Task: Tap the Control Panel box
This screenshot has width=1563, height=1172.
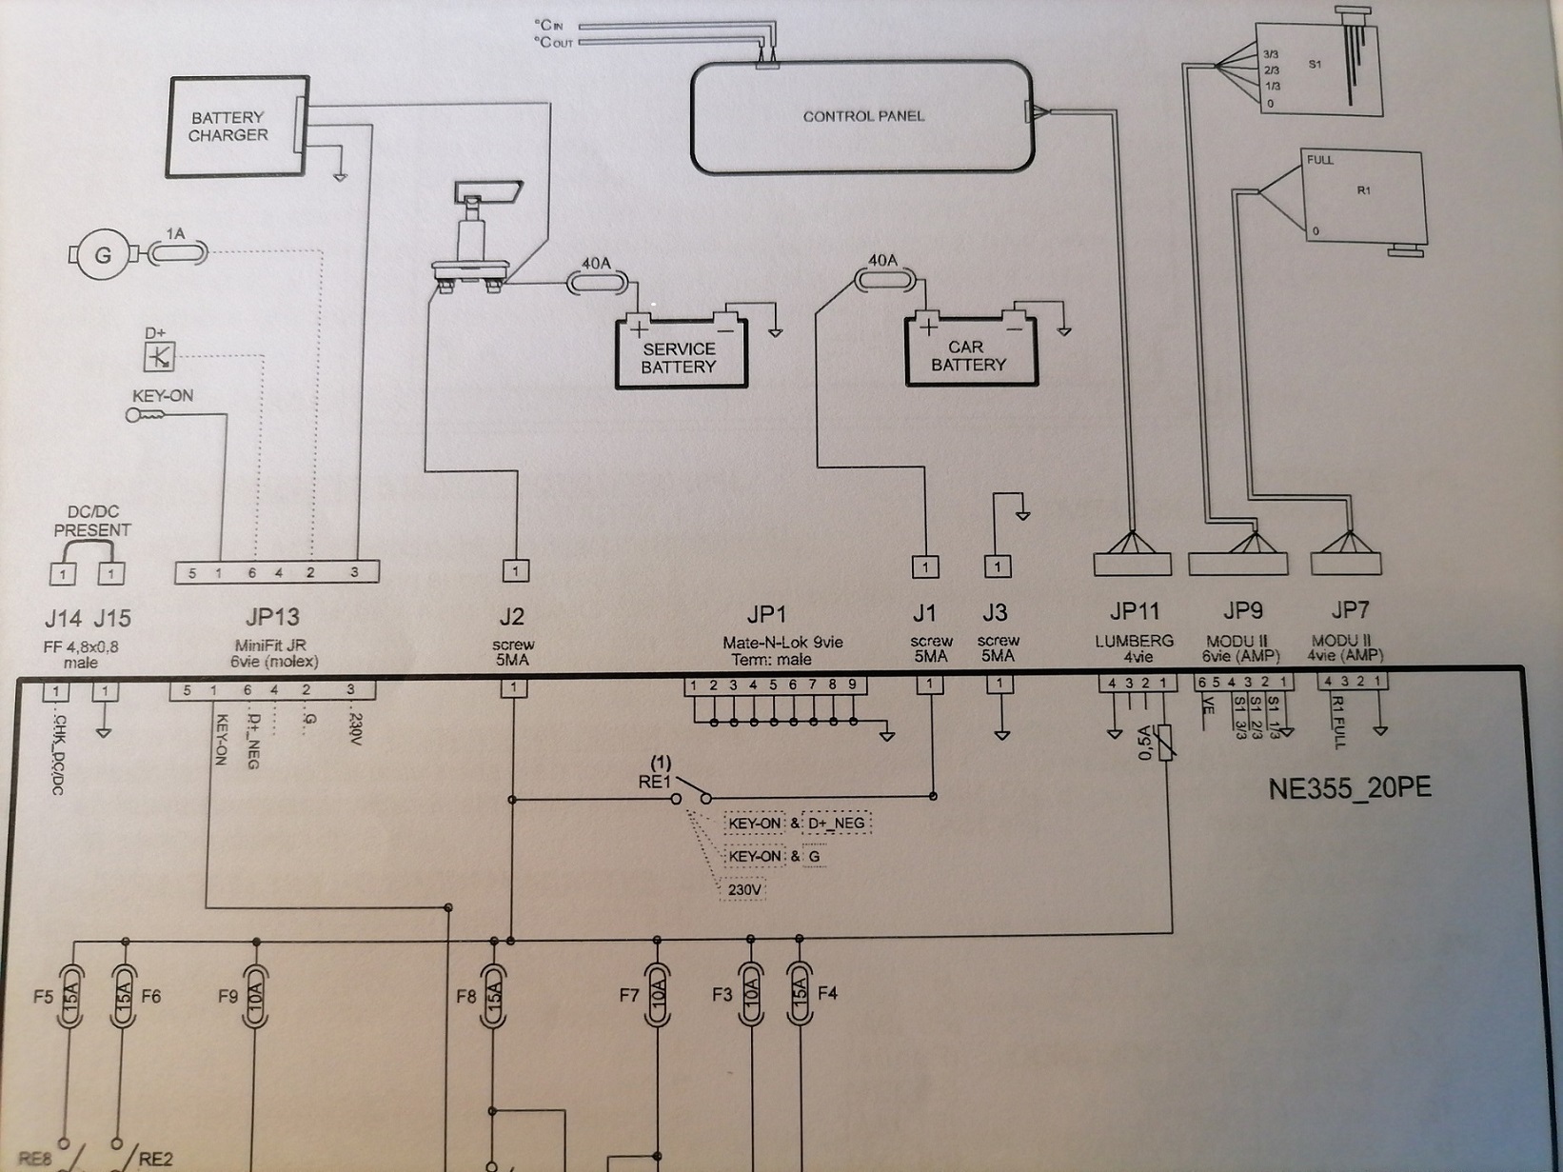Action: point(861,117)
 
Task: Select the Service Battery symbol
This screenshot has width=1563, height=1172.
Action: point(680,355)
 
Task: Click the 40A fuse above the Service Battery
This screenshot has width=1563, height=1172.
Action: point(597,282)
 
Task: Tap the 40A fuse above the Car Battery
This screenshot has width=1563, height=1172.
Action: point(882,279)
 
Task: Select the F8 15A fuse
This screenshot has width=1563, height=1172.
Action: point(492,995)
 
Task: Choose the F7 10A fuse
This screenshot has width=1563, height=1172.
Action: point(656,994)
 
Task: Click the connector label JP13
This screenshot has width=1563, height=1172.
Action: point(272,617)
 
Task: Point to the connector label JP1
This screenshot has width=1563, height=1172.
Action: point(766,614)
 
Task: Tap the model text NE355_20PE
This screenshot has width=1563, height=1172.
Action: point(1350,789)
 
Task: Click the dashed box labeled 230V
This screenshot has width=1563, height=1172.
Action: point(744,890)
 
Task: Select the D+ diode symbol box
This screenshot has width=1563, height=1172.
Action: point(158,357)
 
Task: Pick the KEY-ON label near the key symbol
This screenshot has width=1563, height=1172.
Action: point(163,396)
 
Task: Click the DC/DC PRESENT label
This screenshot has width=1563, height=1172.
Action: point(92,521)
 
